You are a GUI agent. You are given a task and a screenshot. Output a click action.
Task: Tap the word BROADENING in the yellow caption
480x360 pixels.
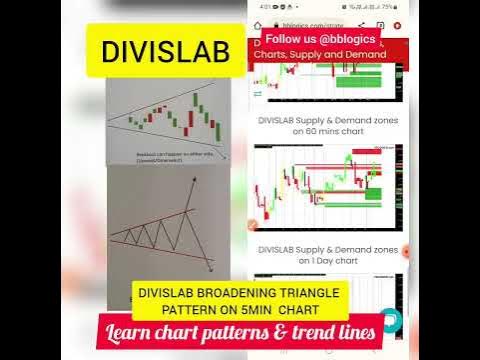238,294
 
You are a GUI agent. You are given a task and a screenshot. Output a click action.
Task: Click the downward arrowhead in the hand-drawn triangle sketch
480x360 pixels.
211,267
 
